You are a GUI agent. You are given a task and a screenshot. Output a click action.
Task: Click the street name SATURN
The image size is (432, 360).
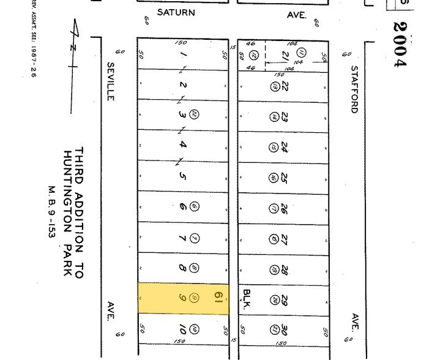point(176,12)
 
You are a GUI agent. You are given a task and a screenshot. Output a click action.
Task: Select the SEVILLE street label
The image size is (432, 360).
point(111,81)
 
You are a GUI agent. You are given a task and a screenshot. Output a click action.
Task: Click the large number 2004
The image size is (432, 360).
point(400,44)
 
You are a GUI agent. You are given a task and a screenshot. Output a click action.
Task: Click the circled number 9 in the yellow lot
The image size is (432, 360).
point(195,298)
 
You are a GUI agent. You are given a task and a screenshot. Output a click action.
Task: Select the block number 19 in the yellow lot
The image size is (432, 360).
point(217,298)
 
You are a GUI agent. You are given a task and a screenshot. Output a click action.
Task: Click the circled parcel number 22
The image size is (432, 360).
point(194,114)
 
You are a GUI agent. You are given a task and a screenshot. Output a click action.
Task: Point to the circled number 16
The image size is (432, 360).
point(273,178)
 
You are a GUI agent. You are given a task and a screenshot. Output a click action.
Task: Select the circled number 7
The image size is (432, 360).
point(195,238)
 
